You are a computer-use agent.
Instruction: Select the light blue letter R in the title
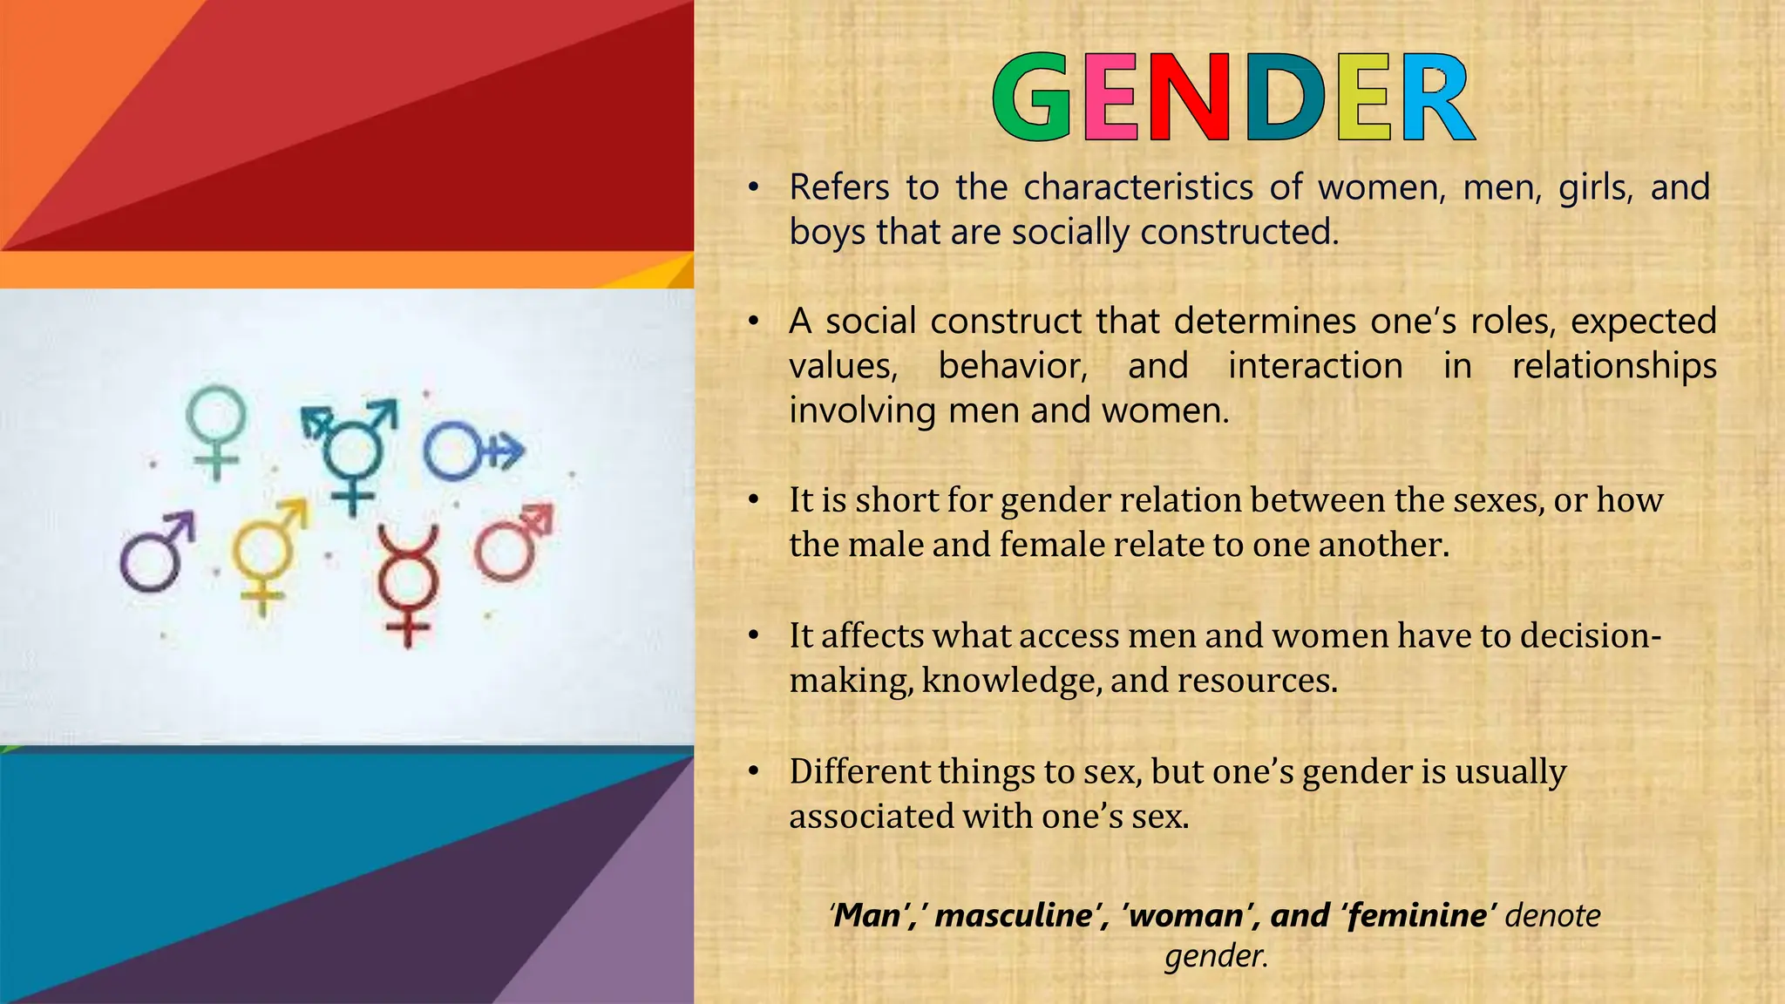[x=1436, y=97]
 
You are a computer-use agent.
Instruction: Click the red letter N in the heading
[x=1189, y=97]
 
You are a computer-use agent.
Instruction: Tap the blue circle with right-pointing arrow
[x=471, y=451]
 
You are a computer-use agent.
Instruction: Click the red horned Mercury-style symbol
[x=407, y=584]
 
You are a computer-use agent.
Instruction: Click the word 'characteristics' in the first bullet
[x=1137, y=187]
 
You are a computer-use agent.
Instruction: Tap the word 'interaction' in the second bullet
[x=1315, y=366]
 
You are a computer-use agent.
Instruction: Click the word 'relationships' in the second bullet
[x=1613, y=366]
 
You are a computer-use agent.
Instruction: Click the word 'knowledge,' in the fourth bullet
[x=1010, y=681]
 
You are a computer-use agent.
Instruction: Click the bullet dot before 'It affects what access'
[x=754, y=635]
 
